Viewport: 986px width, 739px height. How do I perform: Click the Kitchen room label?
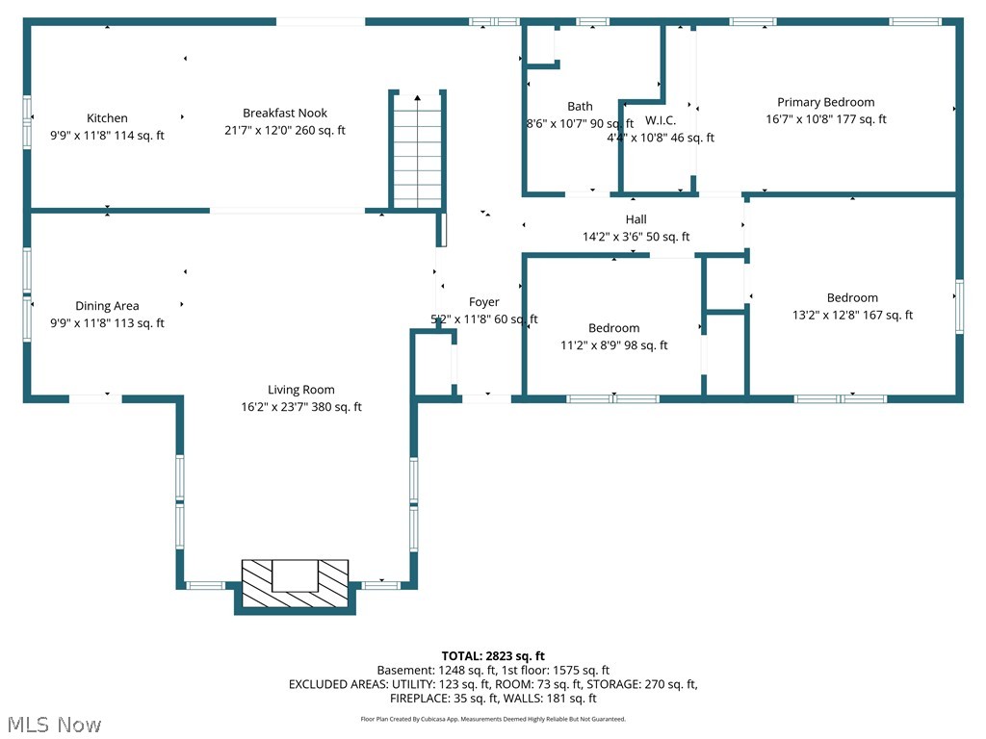point(107,118)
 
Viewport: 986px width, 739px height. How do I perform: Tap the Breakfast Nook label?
point(285,113)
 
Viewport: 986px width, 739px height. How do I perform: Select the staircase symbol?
point(417,154)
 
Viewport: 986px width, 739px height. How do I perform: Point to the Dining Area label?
point(107,306)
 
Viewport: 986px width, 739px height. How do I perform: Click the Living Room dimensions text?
point(300,407)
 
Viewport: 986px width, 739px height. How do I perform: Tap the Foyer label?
point(483,302)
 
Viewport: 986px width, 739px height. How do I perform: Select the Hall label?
point(636,219)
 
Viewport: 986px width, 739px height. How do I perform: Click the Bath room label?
point(580,106)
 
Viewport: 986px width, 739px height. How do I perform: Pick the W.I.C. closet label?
point(660,120)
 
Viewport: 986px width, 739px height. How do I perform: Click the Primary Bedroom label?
point(825,102)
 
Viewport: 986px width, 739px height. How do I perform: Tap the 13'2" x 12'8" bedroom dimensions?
point(852,315)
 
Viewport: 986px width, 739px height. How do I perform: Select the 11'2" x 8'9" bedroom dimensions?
point(613,345)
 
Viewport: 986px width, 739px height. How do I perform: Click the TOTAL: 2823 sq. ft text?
point(493,655)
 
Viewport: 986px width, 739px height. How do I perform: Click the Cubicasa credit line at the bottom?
point(493,719)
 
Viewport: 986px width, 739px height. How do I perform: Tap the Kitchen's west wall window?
point(28,120)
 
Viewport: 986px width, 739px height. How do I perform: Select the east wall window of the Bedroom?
point(959,306)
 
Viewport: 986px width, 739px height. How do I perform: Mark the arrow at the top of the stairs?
point(417,97)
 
